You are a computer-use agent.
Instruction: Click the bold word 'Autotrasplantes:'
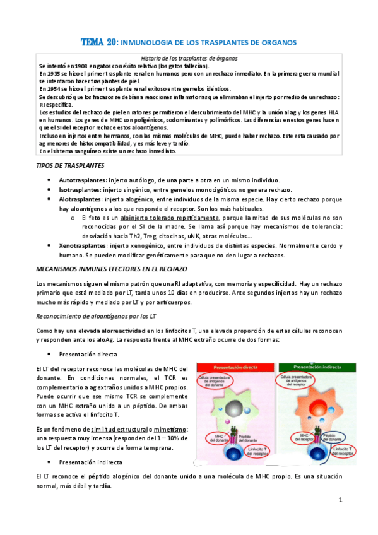83,180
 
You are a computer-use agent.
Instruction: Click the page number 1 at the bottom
340,500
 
